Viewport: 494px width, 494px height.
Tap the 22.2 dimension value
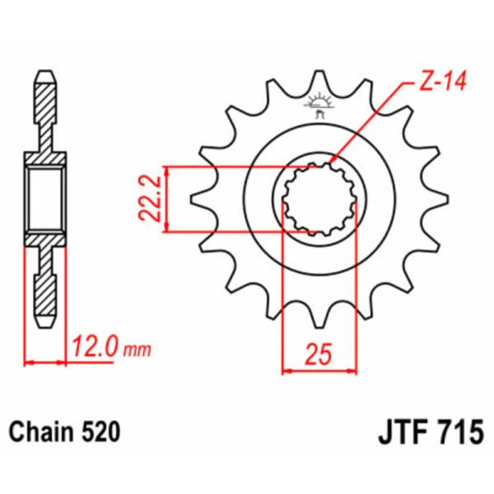pyautogui.click(x=147, y=199)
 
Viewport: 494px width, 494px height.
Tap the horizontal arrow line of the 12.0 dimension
pyautogui.click(x=45, y=361)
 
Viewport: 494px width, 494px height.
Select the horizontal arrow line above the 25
pyautogui.click(x=319, y=370)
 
